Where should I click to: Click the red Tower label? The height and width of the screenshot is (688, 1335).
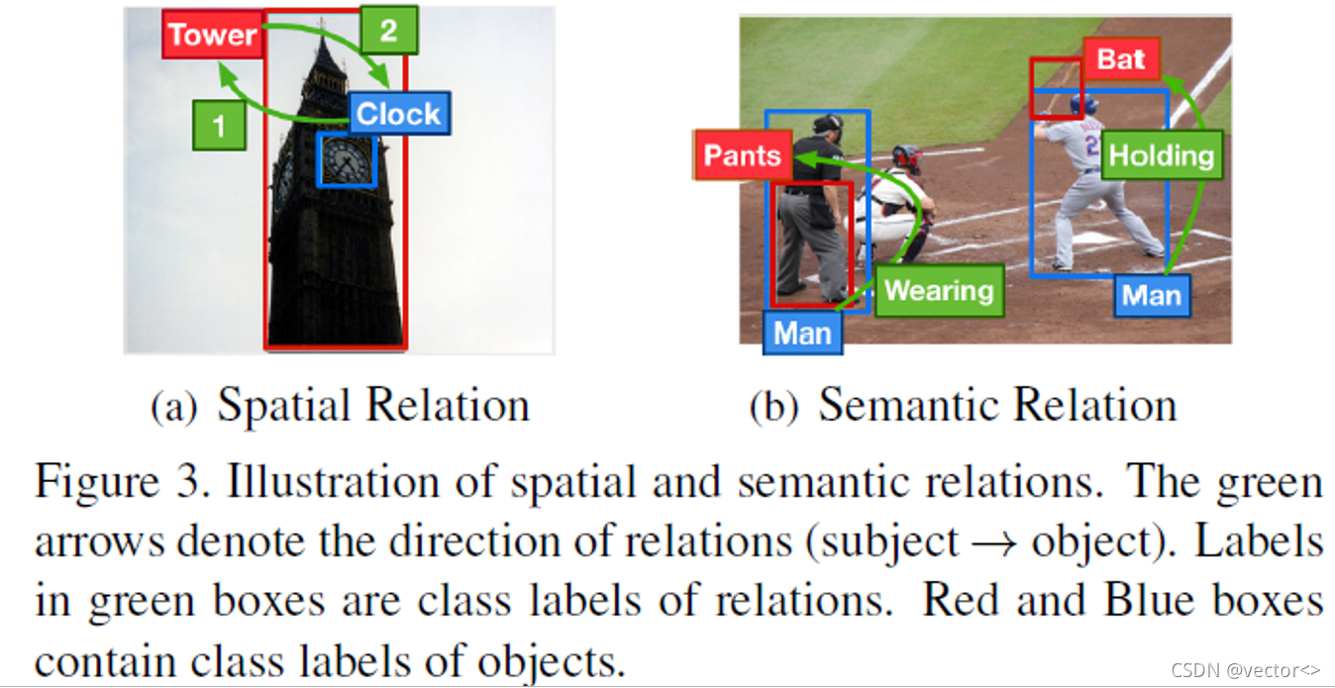pos(212,35)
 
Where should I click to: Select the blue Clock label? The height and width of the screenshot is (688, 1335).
pos(399,114)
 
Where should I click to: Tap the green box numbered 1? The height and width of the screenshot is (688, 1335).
pos(219,125)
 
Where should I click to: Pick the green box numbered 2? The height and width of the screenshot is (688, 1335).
pos(388,30)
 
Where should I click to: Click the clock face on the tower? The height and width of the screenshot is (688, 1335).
pos(347,159)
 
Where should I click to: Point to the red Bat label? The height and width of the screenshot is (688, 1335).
pos(1120,59)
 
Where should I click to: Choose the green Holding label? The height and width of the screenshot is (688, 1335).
pos(1161,154)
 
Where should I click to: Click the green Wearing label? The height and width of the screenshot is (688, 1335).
pos(938,290)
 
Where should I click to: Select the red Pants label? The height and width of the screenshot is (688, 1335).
pos(743,155)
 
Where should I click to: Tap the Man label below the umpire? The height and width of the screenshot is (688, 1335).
pos(802,332)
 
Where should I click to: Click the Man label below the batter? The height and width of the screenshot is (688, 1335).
pos(1152,296)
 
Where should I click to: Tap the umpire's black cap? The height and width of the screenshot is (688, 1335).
pos(826,123)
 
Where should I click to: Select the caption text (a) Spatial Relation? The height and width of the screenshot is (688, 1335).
pos(340,406)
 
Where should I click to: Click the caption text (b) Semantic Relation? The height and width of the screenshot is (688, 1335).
pos(963,406)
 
